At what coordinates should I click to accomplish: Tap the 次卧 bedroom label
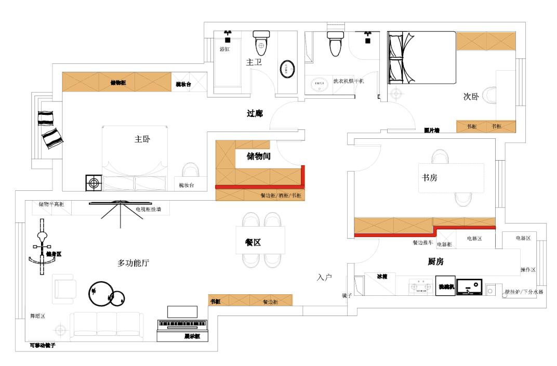coord(471,97)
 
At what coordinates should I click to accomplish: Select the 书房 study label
coord(429,178)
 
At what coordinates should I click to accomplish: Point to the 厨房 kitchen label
coord(435,262)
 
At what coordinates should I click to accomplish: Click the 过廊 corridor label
coord(254,113)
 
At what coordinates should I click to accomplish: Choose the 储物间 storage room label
coord(258,155)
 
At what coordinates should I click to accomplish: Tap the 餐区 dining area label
coord(253,242)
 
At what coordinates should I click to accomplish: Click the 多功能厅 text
coord(134,263)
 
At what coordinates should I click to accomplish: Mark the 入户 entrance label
coord(324,278)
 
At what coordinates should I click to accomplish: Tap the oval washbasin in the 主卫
coord(287,69)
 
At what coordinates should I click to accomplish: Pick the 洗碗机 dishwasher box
coord(445,286)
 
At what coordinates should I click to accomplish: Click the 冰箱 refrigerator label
coord(382,277)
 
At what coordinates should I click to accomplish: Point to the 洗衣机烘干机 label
coord(349,81)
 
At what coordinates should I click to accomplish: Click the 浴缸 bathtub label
coord(224,49)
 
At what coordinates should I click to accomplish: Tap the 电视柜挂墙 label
coord(148,209)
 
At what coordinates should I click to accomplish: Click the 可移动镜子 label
coord(43,345)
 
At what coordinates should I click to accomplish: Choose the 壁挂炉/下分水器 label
coord(524,292)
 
